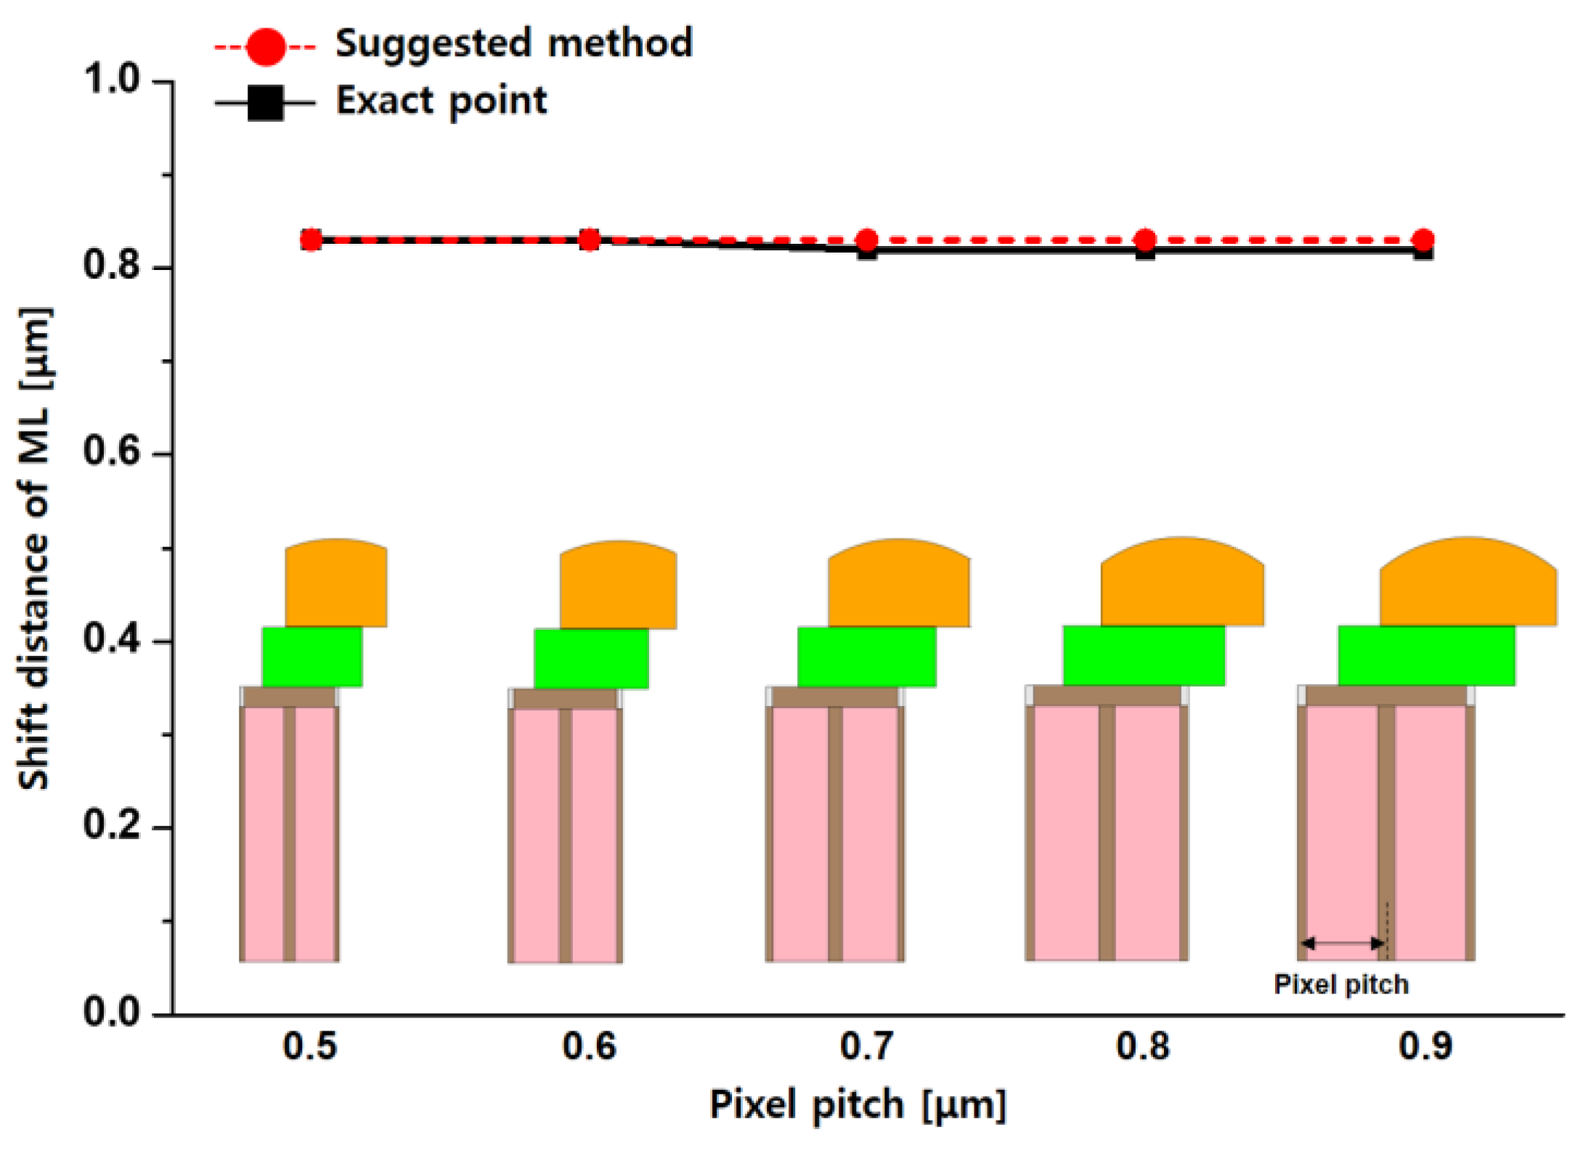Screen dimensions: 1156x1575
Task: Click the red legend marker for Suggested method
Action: (x=266, y=47)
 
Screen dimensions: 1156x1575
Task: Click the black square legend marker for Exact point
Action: (x=266, y=102)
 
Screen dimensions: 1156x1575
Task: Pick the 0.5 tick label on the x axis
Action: (x=310, y=1046)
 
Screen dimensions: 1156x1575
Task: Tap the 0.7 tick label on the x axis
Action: (x=866, y=1046)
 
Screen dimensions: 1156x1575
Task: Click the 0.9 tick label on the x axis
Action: (x=1425, y=1046)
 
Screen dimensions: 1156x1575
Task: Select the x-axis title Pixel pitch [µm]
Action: (x=858, y=1105)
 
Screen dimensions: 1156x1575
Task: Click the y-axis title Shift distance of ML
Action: (x=35, y=549)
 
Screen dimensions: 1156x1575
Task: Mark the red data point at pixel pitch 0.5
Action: (x=312, y=239)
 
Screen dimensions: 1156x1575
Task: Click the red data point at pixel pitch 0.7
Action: (x=867, y=239)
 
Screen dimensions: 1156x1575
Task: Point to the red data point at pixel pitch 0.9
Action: (x=1423, y=239)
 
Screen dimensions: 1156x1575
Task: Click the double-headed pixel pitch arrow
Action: (x=1343, y=943)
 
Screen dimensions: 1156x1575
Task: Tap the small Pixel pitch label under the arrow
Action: (x=1341, y=985)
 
